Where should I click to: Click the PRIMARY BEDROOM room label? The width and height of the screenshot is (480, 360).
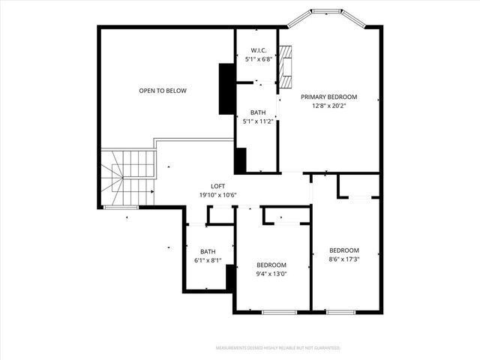click(328, 97)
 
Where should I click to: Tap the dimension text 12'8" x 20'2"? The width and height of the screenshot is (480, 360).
click(328, 105)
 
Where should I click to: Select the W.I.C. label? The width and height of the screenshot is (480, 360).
click(257, 51)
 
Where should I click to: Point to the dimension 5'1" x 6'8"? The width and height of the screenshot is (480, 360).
click(257, 59)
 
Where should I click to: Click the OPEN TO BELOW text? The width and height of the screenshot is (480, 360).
click(163, 91)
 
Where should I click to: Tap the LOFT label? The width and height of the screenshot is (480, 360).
click(217, 187)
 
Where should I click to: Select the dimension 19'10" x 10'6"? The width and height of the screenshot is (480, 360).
click(217, 195)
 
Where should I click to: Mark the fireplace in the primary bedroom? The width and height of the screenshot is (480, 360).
click(285, 64)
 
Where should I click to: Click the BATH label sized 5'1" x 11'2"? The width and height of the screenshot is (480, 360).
click(257, 112)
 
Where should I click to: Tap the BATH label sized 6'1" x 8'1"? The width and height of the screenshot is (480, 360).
click(208, 252)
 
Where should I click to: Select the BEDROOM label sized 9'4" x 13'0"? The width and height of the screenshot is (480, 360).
click(271, 265)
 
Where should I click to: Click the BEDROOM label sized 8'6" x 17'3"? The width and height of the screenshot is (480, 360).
click(344, 250)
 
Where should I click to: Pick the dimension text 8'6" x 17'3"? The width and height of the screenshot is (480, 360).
click(344, 259)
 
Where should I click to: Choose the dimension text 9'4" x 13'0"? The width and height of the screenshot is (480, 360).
click(271, 273)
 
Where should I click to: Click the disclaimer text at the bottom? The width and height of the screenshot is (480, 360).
click(277, 348)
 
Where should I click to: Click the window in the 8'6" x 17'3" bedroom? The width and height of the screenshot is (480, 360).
click(340, 311)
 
